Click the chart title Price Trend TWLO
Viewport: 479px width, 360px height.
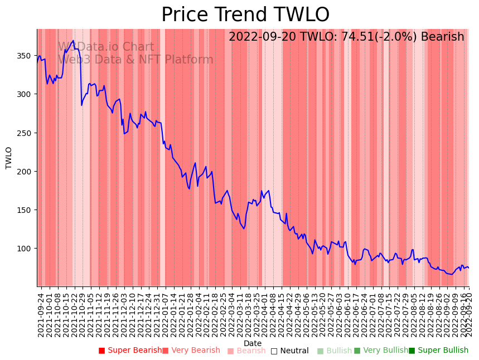pos(245,15)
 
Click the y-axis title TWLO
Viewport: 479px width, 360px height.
pos(9,158)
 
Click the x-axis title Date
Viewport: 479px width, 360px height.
pos(253,344)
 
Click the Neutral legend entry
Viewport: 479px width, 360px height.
pos(289,351)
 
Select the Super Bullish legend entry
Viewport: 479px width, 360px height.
pos(438,351)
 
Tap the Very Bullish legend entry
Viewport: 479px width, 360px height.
pos(381,351)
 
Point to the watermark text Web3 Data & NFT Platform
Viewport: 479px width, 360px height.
pos(136,60)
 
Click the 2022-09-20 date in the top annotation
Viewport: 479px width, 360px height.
pos(261,37)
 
